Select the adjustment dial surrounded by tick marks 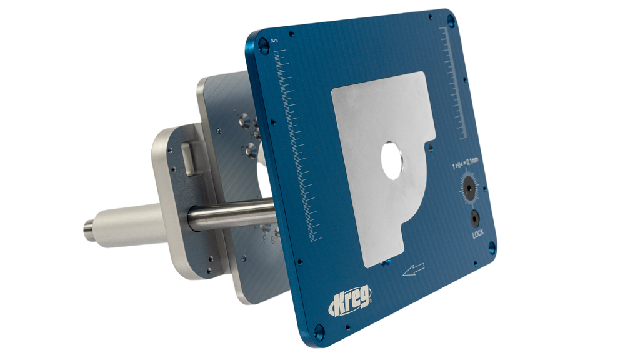point(469,187)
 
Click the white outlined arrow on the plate point(414,269)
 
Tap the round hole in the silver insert point(392,161)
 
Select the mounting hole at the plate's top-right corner point(451,21)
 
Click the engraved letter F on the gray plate point(264,238)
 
